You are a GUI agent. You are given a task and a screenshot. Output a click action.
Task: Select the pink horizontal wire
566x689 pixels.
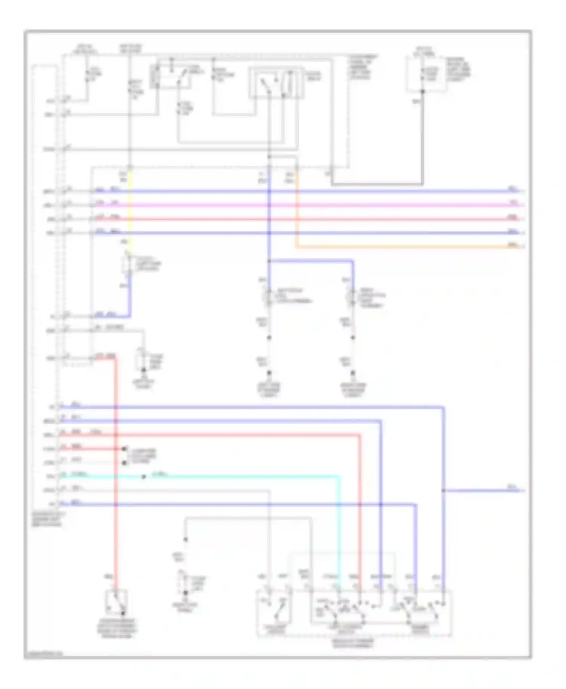pyautogui.click(x=302, y=205)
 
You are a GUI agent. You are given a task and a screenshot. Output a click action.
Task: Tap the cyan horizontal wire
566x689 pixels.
pyautogui.click(x=241, y=477)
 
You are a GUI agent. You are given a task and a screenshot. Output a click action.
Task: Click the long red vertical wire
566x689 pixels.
pyautogui.click(x=115, y=471)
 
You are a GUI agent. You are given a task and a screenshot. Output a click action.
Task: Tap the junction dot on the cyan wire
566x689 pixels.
pyautogui.click(x=143, y=477)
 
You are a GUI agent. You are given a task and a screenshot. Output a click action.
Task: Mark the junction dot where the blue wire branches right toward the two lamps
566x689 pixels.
pyautogui.click(x=269, y=261)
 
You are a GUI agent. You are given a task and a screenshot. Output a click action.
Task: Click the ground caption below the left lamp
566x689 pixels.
pyautogui.click(x=269, y=390)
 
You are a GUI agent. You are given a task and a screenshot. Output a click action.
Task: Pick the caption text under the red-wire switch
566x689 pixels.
pyautogui.click(x=117, y=628)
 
